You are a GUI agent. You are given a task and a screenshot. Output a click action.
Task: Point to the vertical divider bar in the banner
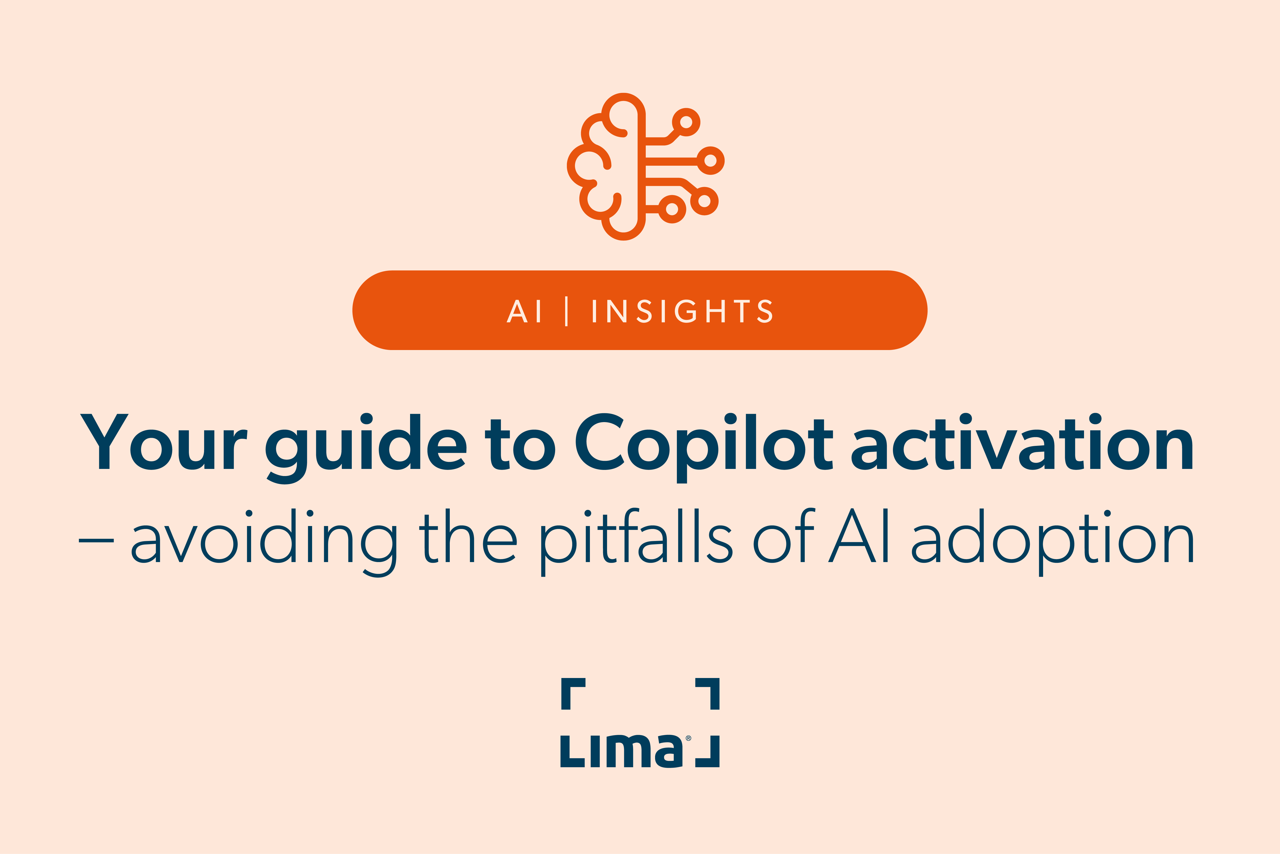(567, 312)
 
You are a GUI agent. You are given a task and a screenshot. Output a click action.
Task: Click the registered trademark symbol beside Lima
(688, 739)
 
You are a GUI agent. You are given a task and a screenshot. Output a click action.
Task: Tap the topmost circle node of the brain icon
(686, 122)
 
